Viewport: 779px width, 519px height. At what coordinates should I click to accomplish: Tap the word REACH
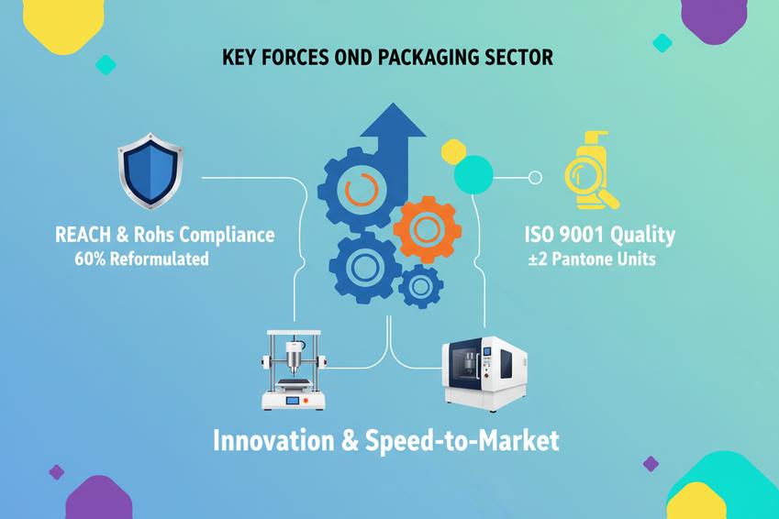tap(84, 235)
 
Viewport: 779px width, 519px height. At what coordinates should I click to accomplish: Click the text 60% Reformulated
tap(141, 259)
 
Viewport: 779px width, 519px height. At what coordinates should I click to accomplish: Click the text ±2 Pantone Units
tap(592, 259)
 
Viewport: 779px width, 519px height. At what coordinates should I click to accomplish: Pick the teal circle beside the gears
tap(473, 173)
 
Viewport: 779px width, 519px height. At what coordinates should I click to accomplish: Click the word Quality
tap(640, 236)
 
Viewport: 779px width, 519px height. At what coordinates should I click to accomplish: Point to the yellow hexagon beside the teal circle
tap(453, 152)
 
